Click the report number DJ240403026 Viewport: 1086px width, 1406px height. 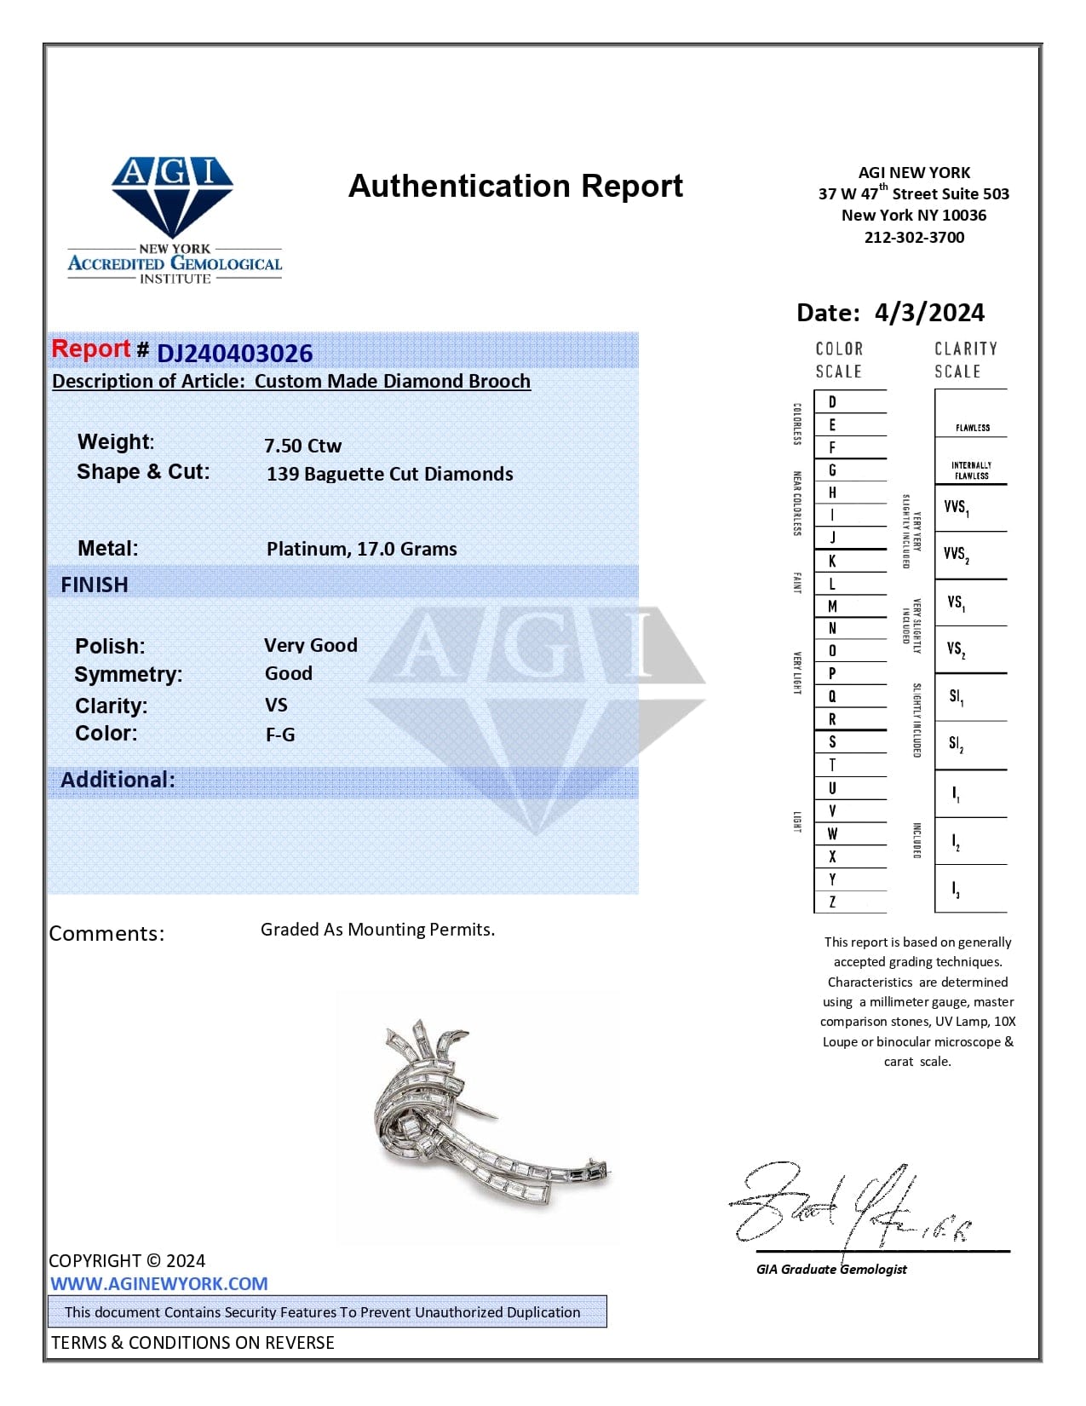[x=234, y=354]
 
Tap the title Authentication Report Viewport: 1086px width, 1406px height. [x=515, y=186]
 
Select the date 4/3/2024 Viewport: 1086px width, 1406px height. [x=928, y=313]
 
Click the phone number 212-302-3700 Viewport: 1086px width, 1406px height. [x=914, y=238]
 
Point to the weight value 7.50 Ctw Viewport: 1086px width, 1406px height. [x=302, y=446]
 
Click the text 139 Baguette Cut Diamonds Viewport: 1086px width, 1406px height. [x=389, y=474]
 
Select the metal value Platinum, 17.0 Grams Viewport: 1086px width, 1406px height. [x=361, y=549]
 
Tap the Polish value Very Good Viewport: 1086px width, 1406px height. [x=310, y=645]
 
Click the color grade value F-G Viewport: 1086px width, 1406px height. [x=280, y=735]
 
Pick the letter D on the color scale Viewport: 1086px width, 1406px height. [x=832, y=402]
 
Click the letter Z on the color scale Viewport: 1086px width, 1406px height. [x=832, y=902]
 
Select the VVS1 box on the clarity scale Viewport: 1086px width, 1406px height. [x=957, y=508]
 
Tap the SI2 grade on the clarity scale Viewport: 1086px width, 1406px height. [x=957, y=745]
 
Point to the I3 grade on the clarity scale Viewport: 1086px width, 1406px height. [x=957, y=890]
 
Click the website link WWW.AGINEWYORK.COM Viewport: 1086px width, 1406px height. [x=158, y=1284]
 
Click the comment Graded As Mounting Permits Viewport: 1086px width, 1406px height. [x=377, y=930]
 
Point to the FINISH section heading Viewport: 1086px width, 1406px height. [x=95, y=585]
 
